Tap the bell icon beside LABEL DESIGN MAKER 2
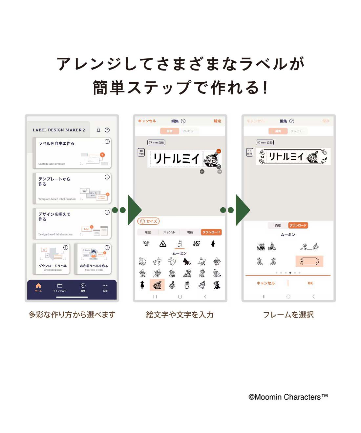click(98, 130)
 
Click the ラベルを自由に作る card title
click(56, 144)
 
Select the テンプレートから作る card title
click(54, 181)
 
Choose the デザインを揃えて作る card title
click(54, 216)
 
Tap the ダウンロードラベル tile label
click(53, 266)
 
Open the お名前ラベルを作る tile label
click(94, 266)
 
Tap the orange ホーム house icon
click(38, 286)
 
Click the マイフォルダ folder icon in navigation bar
click(60, 286)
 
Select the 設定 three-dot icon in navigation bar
click(105, 286)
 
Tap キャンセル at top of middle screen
click(147, 121)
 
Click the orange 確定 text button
click(217, 121)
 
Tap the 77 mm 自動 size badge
click(156, 143)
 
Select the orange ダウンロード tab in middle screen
click(211, 232)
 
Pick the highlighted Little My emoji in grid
click(157, 285)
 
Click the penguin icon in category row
click(213, 244)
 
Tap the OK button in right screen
click(310, 283)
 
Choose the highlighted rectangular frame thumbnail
click(309, 261)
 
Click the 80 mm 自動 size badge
click(265, 143)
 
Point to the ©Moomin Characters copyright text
click(288, 397)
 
